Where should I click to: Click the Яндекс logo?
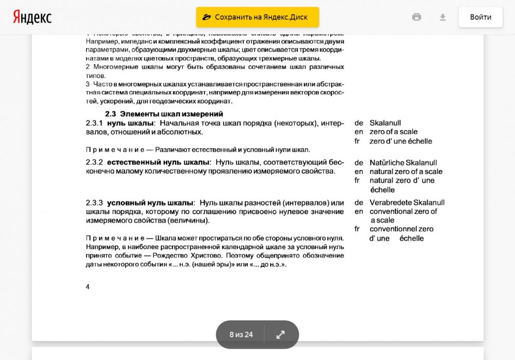coord(32,17)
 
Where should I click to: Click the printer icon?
coord(417,17)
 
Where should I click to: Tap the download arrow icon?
coord(442,17)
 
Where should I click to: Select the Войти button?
coord(480,17)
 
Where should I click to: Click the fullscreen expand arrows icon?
coord(281,334)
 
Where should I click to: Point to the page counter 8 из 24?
coord(241,334)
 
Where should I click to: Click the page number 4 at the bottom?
coord(88,287)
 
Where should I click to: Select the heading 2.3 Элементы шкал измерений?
coord(164,114)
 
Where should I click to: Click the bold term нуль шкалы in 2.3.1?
coord(130,123)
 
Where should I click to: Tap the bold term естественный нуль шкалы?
coord(158,162)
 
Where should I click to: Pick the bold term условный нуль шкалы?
coord(150,202)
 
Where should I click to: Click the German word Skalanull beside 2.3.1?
coord(385,123)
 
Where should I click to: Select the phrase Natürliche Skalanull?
coord(403,163)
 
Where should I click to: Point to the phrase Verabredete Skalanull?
coord(407,202)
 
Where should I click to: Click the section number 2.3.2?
coord(94,162)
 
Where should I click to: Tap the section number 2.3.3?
coord(94,202)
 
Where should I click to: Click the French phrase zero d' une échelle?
coord(401,141)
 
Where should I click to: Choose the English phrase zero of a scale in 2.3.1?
coord(393,132)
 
